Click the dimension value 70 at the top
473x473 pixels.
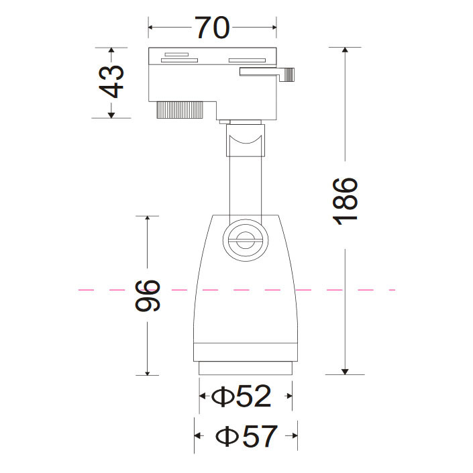tap(213, 27)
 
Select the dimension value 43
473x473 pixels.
tap(111, 81)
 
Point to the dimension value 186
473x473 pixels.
tap(345, 202)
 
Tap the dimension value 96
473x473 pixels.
tap(148, 296)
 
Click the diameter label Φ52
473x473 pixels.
tap(241, 396)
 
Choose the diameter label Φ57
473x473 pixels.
tap(246, 436)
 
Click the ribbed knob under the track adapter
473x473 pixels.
tap(180, 110)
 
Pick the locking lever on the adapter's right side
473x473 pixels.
tap(267, 74)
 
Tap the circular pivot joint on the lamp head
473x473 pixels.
tap(246, 240)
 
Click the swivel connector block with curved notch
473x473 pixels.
tap(246, 140)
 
